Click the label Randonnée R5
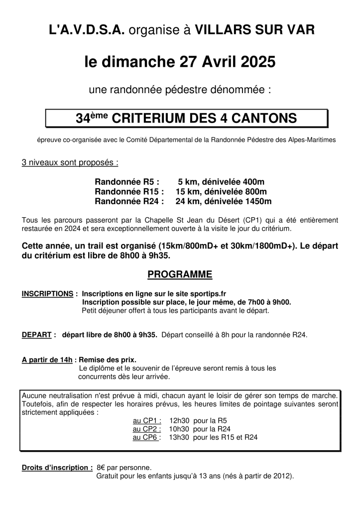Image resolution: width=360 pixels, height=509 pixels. (x=127, y=182)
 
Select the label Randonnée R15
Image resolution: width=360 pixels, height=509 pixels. (x=129, y=192)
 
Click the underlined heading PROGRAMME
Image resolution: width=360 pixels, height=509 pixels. (x=180, y=274)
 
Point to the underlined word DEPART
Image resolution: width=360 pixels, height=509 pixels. (x=37, y=335)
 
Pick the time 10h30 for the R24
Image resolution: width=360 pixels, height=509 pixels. (x=179, y=429)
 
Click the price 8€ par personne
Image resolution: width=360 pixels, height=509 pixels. (x=124, y=468)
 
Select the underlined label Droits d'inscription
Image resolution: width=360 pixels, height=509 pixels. (x=57, y=468)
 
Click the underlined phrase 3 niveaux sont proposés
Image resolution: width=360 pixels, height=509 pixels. (x=70, y=163)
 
